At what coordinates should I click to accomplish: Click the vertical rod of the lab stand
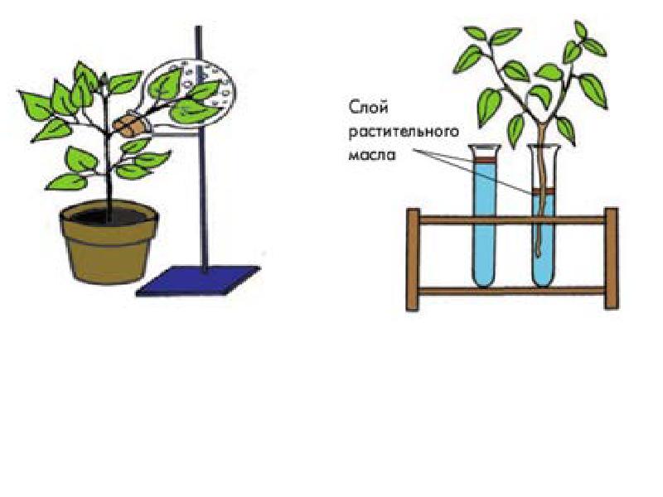click(x=201, y=166)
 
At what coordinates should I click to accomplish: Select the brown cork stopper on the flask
click(x=131, y=124)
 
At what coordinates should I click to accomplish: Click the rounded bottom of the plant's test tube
click(x=544, y=278)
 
